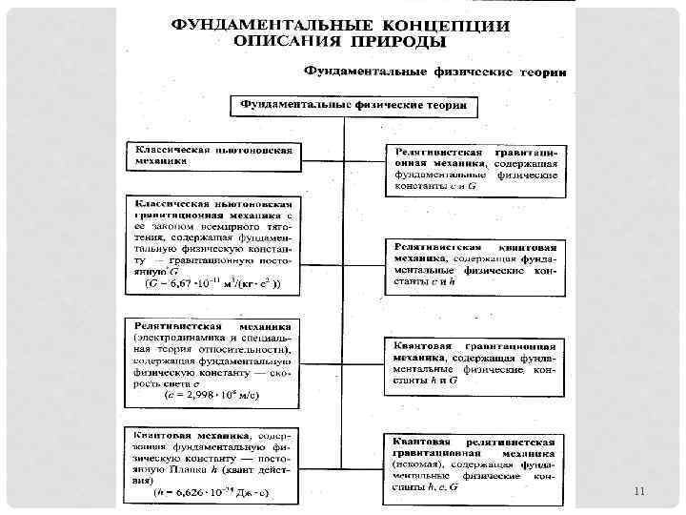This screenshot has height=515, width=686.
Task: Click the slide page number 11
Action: (x=639, y=491)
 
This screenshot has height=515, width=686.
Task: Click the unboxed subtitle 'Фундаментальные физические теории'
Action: (x=435, y=72)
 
